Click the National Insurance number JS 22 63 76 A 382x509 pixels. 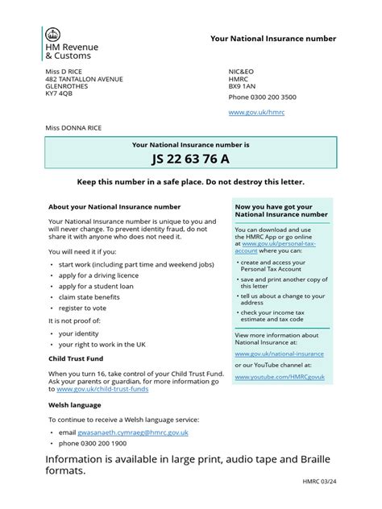[190, 159]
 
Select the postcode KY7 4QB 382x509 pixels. [59, 93]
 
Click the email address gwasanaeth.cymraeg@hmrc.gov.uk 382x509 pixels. [132, 432]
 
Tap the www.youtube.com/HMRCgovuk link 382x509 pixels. [280, 376]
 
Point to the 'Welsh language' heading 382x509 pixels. [75, 404]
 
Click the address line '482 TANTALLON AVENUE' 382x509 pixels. [85, 79]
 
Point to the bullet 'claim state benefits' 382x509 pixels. [93, 296]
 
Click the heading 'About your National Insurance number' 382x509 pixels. [114, 207]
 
